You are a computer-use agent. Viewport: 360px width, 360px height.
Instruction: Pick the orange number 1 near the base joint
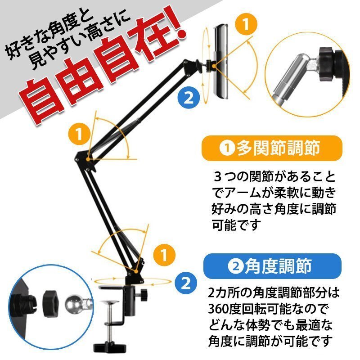pos(164,255)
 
